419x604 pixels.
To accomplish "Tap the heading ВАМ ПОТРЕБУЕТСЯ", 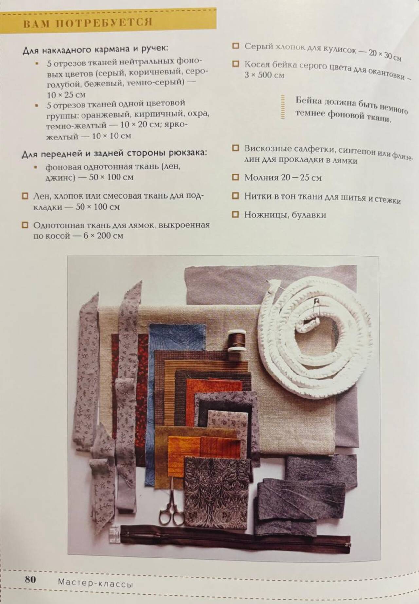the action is [88, 23].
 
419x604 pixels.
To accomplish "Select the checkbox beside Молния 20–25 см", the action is [235, 177].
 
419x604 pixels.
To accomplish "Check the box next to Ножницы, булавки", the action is [235, 215].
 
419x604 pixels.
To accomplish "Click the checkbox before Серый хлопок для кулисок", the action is [235, 46].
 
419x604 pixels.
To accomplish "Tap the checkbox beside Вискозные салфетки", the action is [235, 148].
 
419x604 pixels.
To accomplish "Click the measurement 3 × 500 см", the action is [264, 75].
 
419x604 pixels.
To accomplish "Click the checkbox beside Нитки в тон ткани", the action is [235, 196].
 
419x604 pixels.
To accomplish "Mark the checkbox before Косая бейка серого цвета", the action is [235, 64].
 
